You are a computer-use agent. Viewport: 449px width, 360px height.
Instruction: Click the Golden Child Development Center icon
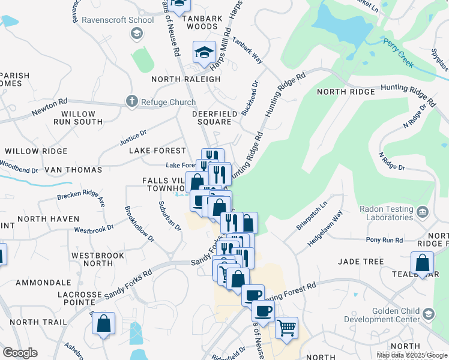tap(428, 314)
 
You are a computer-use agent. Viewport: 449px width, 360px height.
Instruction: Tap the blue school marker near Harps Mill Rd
tap(204, 52)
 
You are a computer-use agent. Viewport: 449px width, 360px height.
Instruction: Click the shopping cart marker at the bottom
tap(286, 328)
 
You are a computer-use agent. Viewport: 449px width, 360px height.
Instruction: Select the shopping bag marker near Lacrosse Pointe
tap(104, 323)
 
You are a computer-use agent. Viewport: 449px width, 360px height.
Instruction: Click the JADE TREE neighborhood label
tap(360, 262)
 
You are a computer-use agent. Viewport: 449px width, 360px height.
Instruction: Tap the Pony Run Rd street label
tap(384, 240)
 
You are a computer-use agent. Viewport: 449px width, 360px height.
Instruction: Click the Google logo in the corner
tap(20, 353)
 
